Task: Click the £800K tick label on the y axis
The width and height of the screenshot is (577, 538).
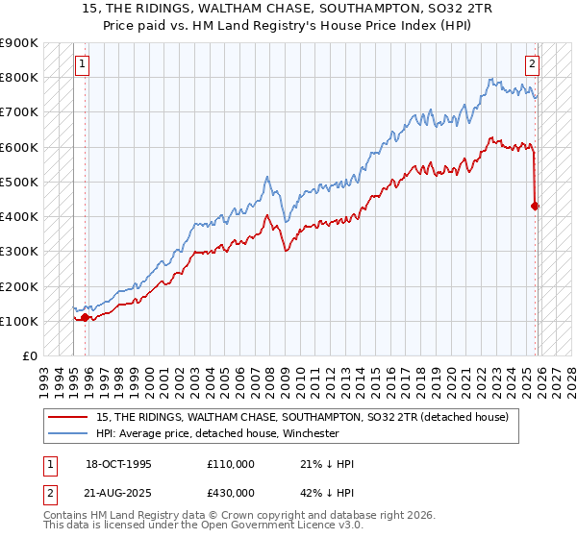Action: [x=19, y=78]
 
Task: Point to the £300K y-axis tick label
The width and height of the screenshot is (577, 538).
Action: [x=19, y=252]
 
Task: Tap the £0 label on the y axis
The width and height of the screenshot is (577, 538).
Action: [x=29, y=356]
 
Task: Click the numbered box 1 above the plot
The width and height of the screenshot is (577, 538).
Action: [x=82, y=64]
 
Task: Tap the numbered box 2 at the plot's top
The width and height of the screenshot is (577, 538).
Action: [x=531, y=64]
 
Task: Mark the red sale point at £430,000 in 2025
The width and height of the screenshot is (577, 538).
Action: [x=535, y=206]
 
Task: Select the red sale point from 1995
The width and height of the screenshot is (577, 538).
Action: [x=85, y=317]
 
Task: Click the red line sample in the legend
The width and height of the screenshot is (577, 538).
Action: [x=68, y=416]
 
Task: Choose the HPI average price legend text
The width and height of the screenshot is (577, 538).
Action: [x=217, y=433]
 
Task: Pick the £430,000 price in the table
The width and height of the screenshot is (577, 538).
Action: [x=231, y=492]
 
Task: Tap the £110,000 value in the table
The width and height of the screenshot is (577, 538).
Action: [x=231, y=464]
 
